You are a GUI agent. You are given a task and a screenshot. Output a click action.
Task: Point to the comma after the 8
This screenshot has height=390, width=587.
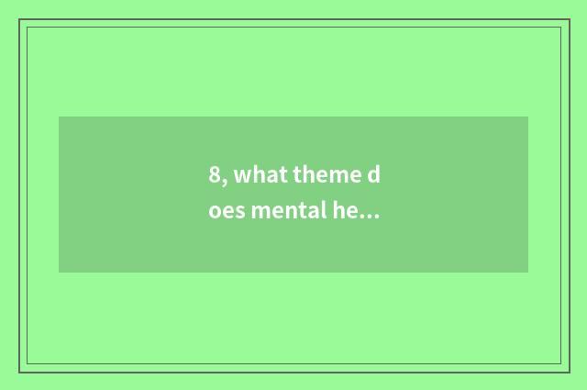(x=224, y=180)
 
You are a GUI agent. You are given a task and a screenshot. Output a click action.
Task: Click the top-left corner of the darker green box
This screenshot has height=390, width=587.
(x=59, y=117)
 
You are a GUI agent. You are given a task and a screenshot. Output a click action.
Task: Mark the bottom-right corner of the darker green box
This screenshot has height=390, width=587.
(x=528, y=273)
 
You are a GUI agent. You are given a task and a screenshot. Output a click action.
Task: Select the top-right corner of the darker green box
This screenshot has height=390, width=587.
(x=528, y=117)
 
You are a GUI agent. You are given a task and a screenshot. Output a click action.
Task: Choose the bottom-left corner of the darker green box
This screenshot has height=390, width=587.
(x=59, y=273)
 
